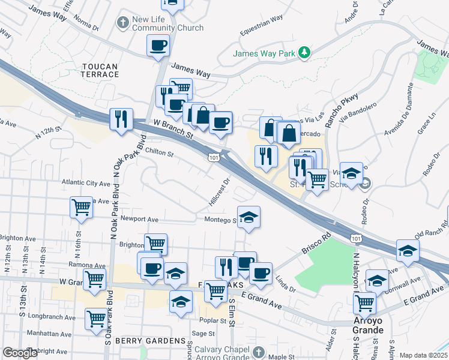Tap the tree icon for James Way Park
coord(305,53)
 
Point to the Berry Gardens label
coord(152,341)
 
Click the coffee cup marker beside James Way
coord(158,46)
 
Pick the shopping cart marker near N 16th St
coord(81,208)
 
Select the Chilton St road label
coord(158,153)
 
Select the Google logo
coord(20,353)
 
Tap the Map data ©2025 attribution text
coord(423,355)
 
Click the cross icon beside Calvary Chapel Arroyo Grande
coord(258,350)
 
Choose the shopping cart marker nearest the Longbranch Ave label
coord(96,319)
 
